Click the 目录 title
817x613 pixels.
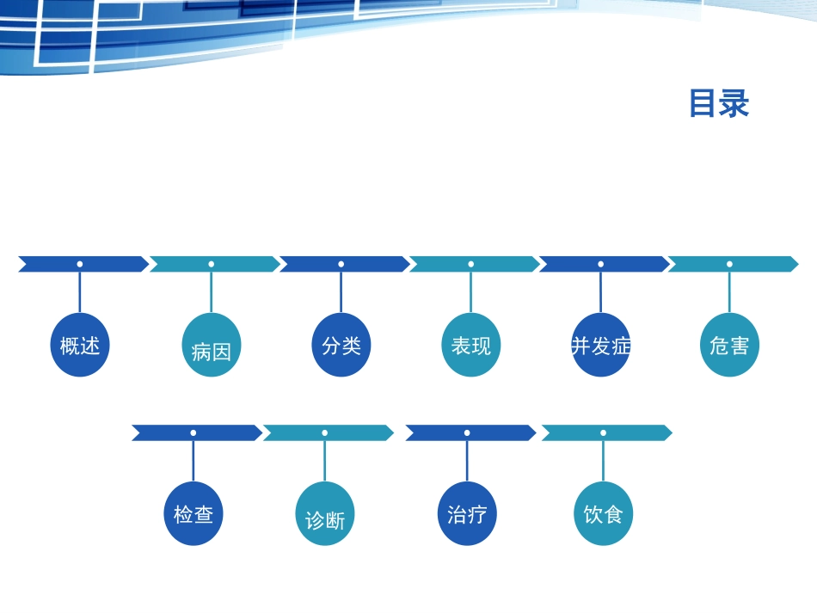[720, 103]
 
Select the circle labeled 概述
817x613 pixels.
[80, 345]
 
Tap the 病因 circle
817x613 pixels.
[211, 345]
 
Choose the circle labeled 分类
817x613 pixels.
[341, 345]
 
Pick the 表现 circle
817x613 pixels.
[471, 345]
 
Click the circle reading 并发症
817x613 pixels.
[601, 345]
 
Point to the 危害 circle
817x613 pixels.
[729, 345]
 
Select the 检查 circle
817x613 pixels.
[193, 513]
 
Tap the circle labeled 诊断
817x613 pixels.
[324, 513]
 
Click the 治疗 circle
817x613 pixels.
[467, 513]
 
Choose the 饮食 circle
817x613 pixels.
[604, 513]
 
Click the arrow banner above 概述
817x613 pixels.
[83, 264]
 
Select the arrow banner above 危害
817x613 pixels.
[733, 264]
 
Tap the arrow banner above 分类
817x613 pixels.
[345, 264]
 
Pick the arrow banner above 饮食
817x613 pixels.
[607, 432]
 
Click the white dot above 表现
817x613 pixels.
[471, 264]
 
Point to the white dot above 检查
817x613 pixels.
[193, 432]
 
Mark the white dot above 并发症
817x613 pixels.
[601, 264]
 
